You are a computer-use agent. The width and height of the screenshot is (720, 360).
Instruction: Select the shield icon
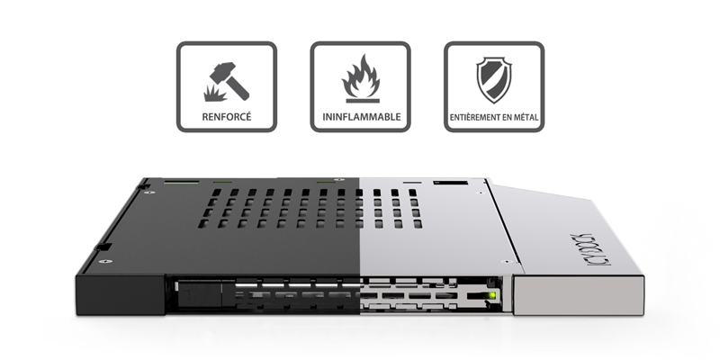(x=493, y=79)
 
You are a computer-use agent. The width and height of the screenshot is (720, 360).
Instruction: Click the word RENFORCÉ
(x=226, y=118)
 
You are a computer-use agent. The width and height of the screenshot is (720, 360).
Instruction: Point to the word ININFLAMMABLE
(x=360, y=118)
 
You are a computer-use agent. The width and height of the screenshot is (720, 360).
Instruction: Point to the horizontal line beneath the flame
(x=360, y=96)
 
